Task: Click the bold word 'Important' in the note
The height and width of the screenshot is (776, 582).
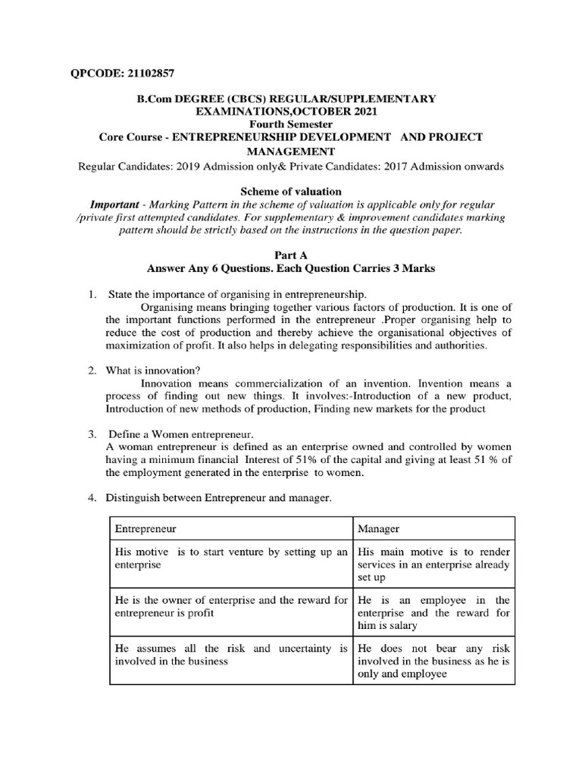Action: click(114, 205)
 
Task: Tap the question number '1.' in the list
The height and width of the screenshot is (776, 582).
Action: click(91, 294)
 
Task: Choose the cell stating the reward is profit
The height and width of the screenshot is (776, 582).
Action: click(231, 606)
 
